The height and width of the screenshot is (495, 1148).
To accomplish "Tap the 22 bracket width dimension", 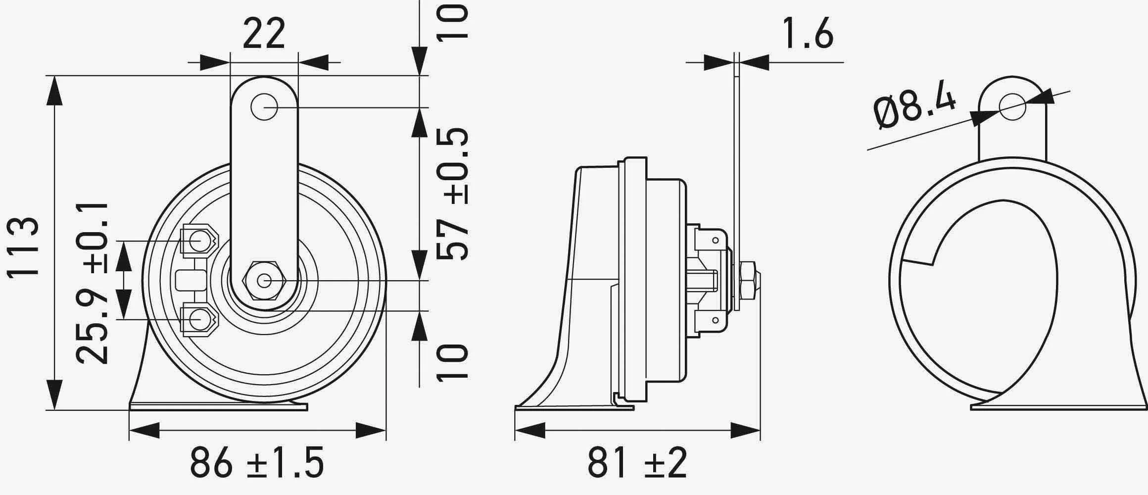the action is (x=264, y=34).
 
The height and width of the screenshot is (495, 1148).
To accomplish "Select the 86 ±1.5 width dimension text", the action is (x=257, y=462).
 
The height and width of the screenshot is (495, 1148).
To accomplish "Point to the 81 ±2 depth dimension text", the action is (x=637, y=462).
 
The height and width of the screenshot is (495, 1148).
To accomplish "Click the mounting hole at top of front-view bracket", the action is (x=264, y=106).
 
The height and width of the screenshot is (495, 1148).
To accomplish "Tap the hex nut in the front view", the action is (x=264, y=281).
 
